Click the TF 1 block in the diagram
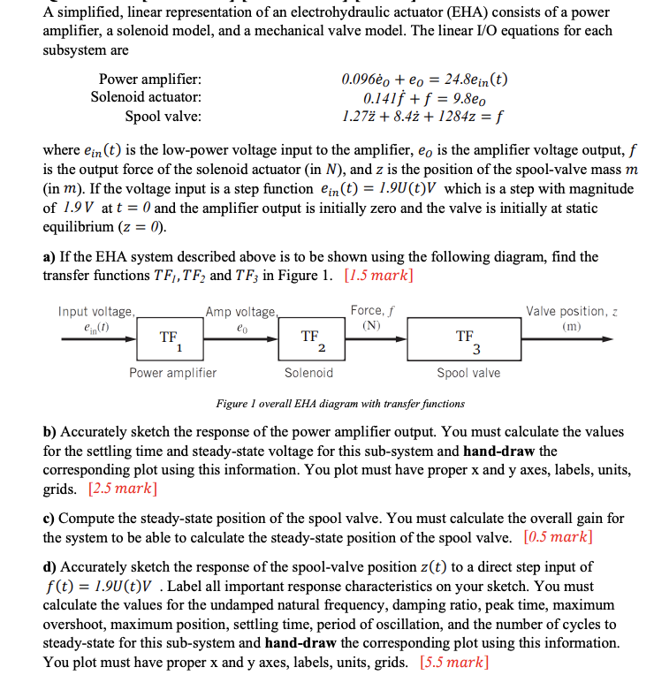point(169,340)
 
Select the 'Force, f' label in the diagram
point(372,311)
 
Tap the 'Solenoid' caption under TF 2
point(309,373)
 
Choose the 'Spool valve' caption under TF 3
point(468,373)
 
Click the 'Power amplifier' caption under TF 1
point(173,373)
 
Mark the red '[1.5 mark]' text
point(378,275)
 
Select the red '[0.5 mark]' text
point(558,536)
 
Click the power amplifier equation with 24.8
point(424,80)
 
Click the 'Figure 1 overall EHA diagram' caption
point(339,404)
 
